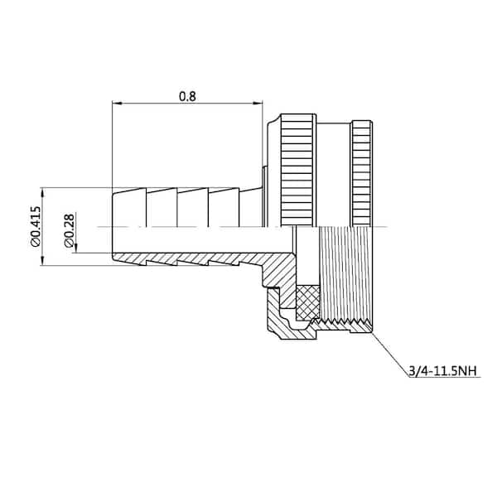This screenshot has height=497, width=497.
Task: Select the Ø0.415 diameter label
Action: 36,227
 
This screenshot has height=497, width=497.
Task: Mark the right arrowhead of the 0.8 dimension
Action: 258,104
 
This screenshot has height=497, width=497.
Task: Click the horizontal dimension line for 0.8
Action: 187,104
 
